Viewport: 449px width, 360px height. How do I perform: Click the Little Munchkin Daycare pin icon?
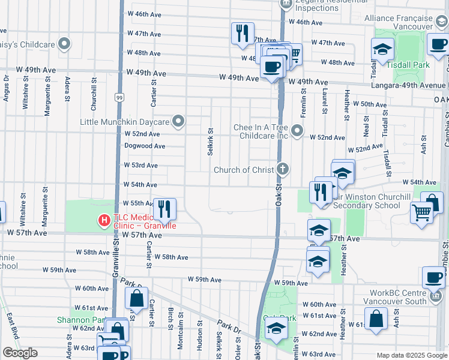click(x=178, y=122)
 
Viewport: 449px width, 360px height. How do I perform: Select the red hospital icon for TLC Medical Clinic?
click(x=104, y=221)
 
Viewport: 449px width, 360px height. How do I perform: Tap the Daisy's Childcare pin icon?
click(x=65, y=44)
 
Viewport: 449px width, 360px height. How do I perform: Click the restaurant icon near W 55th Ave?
click(x=164, y=209)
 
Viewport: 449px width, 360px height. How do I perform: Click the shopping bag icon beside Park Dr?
click(x=137, y=298)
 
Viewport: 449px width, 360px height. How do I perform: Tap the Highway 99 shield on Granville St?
click(x=120, y=97)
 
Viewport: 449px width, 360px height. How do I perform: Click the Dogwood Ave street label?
click(x=145, y=146)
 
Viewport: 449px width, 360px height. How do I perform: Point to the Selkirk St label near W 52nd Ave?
click(x=210, y=142)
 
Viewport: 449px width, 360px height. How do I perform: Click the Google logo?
click(x=20, y=353)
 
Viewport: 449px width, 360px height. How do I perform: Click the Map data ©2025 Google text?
click(x=412, y=355)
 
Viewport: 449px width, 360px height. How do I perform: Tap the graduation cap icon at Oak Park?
click(x=276, y=329)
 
